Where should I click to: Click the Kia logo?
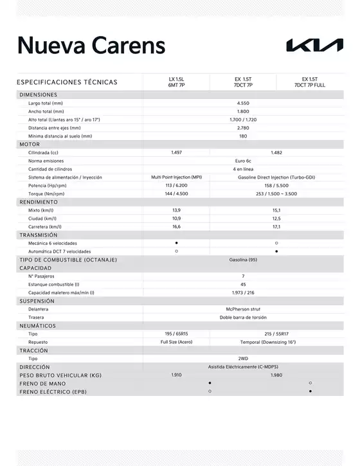click(x=314, y=46)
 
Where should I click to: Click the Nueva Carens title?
click(x=91, y=46)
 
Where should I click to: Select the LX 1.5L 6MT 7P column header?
click(x=176, y=82)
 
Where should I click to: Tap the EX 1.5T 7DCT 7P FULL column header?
click(x=310, y=82)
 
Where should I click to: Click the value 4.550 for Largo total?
click(x=243, y=103)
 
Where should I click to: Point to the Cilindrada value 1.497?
click(x=176, y=152)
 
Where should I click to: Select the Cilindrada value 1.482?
click(x=276, y=152)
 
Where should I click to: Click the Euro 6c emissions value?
click(x=243, y=161)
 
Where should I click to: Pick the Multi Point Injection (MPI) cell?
click(x=176, y=177)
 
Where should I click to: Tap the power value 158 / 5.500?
click(x=276, y=185)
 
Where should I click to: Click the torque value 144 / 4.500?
click(x=176, y=193)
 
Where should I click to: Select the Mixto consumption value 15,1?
click(x=276, y=210)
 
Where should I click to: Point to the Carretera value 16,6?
click(x=176, y=226)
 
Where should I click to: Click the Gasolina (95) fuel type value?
click(x=243, y=260)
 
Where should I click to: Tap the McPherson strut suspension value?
click(x=243, y=309)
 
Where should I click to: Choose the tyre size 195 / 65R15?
click(x=176, y=334)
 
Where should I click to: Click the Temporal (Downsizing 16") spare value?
click(x=276, y=342)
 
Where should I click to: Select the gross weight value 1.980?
click(x=276, y=375)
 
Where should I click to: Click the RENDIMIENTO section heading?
click(x=39, y=202)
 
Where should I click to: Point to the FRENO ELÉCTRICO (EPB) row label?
click(x=53, y=391)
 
